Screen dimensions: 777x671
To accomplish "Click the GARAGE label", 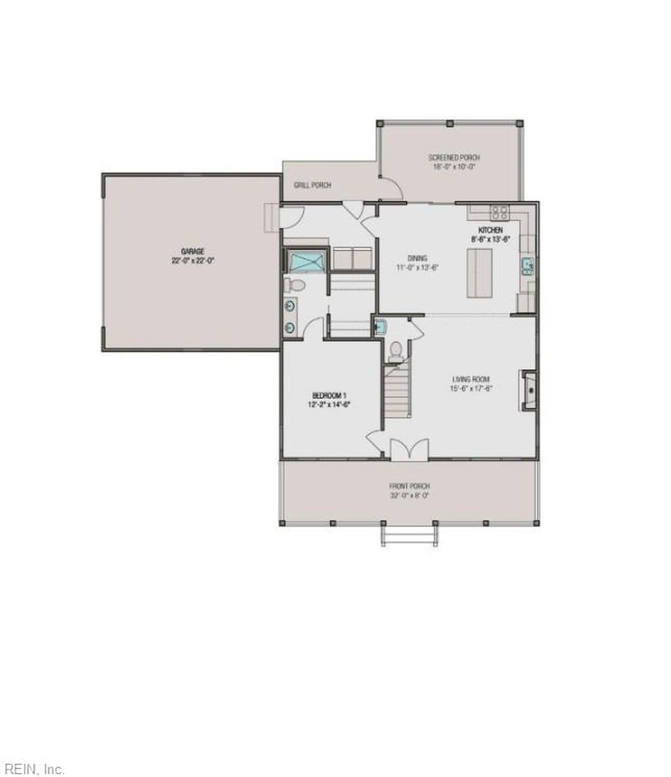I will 193,252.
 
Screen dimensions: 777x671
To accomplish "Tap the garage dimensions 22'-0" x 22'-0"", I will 193,260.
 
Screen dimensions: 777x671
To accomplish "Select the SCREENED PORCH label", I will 454,158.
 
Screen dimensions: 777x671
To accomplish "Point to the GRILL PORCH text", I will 313,185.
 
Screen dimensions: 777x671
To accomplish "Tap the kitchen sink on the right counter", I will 527,265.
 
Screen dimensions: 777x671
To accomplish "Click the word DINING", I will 417,259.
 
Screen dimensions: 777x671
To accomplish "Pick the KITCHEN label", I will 490,231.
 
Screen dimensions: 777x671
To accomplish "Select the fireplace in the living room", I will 529,390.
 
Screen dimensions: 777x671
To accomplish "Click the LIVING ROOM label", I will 471,379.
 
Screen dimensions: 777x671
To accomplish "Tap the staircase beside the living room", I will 396,392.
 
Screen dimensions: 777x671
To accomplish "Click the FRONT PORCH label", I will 409,486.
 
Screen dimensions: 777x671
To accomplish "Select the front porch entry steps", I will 409,537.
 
